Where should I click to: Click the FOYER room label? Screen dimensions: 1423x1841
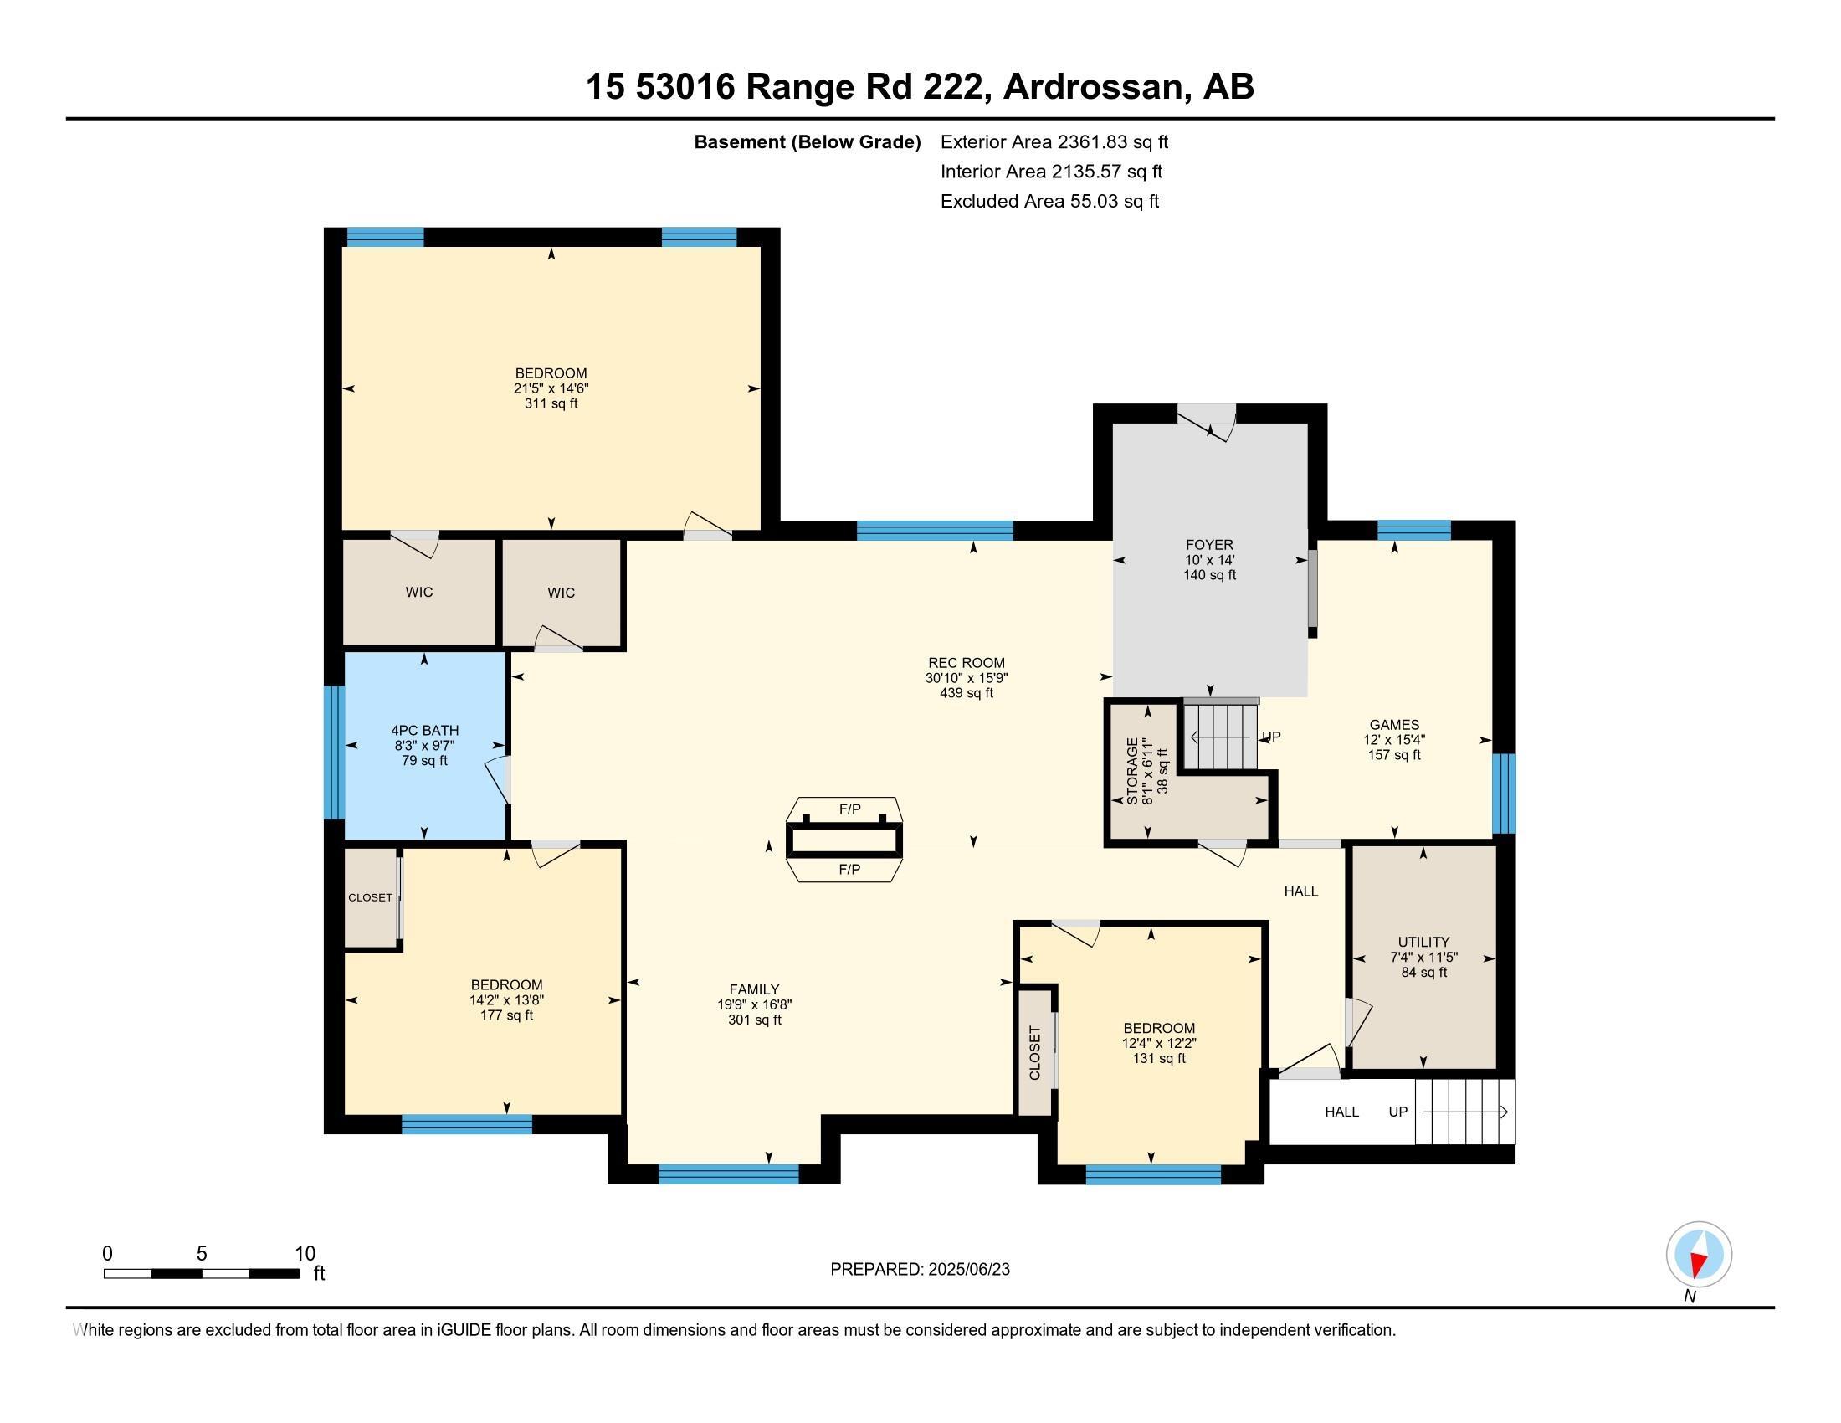(x=1209, y=545)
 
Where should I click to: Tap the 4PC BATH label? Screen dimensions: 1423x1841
(x=425, y=731)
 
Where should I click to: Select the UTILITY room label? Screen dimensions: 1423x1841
(x=1423, y=942)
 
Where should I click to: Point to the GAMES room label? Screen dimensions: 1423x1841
(x=1393, y=724)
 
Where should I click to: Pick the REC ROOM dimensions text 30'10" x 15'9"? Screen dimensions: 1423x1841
(x=966, y=678)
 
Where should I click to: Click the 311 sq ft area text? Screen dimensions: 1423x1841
(x=551, y=403)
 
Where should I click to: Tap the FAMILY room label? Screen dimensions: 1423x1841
(x=754, y=989)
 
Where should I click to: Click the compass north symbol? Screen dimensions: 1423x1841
(x=1699, y=1255)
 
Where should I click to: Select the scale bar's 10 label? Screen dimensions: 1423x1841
(x=305, y=1253)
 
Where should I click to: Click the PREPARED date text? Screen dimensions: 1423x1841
(x=920, y=1270)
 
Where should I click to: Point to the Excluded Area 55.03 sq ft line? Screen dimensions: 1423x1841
(x=1049, y=202)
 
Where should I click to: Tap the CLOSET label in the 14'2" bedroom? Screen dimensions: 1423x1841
(x=370, y=898)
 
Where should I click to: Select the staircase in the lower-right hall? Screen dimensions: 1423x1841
(x=1465, y=1112)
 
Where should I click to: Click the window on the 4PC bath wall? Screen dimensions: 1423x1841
(x=335, y=752)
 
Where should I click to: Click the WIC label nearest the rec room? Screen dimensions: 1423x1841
(x=561, y=593)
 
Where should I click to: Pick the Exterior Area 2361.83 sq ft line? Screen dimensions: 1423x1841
(x=1054, y=142)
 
